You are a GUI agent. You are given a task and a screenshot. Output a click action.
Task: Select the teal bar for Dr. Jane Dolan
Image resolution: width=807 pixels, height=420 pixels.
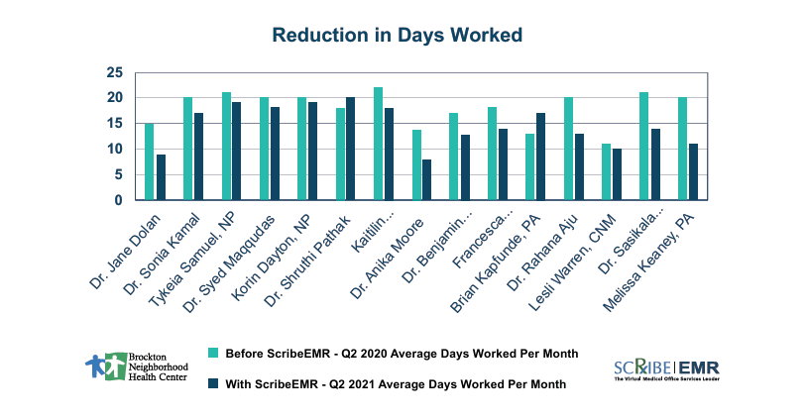coord(149,161)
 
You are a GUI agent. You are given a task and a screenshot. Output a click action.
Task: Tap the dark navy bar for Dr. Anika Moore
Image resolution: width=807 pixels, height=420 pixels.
coord(426,179)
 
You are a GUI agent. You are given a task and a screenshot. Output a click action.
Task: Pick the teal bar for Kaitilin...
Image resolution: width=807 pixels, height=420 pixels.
coord(378,144)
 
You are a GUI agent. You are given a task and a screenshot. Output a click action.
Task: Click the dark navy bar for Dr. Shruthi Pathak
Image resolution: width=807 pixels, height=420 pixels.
coord(349,149)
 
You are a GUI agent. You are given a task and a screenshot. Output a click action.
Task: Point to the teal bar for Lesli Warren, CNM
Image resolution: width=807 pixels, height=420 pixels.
coord(607,171)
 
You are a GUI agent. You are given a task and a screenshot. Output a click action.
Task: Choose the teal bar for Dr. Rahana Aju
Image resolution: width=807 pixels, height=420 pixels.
coord(569,149)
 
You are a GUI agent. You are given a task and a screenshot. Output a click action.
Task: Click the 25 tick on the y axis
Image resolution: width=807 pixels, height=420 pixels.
coord(115,72)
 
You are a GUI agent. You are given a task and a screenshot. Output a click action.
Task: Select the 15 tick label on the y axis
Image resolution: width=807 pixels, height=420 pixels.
coord(115,124)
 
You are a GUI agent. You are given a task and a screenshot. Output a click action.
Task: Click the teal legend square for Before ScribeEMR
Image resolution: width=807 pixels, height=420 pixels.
coord(212,353)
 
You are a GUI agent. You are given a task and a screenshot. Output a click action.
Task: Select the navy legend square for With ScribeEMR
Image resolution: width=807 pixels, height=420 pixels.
coord(212,384)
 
